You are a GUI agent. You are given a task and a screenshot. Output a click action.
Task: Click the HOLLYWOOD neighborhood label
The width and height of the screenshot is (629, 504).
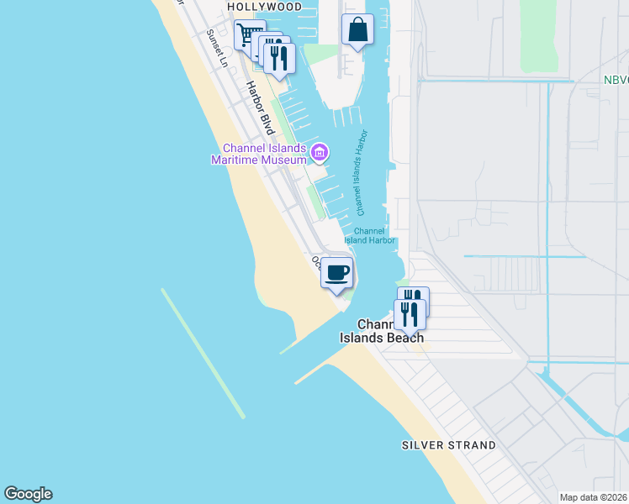point(265,7)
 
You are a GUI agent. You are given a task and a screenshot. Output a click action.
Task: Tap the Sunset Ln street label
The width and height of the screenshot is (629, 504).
point(217,49)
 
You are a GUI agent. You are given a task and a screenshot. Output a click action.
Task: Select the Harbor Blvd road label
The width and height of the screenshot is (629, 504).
point(256,108)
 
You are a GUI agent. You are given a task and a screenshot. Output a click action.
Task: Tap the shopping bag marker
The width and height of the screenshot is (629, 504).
point(357,29)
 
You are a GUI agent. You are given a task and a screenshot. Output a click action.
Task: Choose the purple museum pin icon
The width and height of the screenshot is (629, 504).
point(320,153)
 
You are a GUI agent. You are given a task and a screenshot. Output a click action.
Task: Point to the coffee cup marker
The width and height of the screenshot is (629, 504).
point(337,273)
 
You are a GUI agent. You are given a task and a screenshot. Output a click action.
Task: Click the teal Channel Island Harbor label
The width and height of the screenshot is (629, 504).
point(370,236)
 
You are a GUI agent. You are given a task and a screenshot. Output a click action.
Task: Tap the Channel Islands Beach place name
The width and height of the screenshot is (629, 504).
point(381,331)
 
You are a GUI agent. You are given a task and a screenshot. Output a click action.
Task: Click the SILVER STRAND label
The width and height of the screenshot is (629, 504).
point(448,444)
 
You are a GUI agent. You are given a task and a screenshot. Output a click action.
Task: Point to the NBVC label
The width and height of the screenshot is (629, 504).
point(616,81)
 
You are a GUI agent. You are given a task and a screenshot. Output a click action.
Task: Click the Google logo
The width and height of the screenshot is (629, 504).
point(28,494)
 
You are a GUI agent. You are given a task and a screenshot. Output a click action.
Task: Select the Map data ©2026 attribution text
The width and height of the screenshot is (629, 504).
point(593,497)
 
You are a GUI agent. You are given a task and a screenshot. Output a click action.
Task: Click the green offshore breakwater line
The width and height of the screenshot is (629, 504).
point(203,353)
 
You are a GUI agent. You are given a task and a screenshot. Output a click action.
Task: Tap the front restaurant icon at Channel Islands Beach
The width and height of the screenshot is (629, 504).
point(409,314)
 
